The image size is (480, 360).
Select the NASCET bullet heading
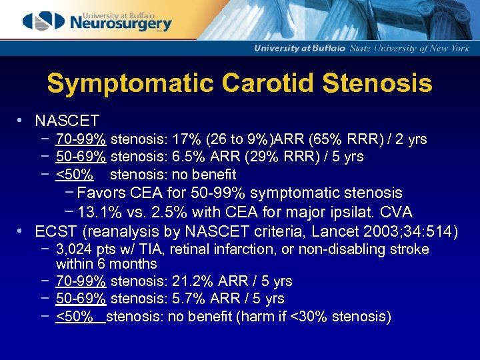click(67, 121)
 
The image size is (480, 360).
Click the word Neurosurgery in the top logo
click(121, 24)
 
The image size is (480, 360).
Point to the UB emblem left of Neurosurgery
click(43, 21)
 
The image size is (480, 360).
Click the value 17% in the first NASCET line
click(183, 139)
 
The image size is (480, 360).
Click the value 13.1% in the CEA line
click(99, 213)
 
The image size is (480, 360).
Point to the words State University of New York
click(410, 48)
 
